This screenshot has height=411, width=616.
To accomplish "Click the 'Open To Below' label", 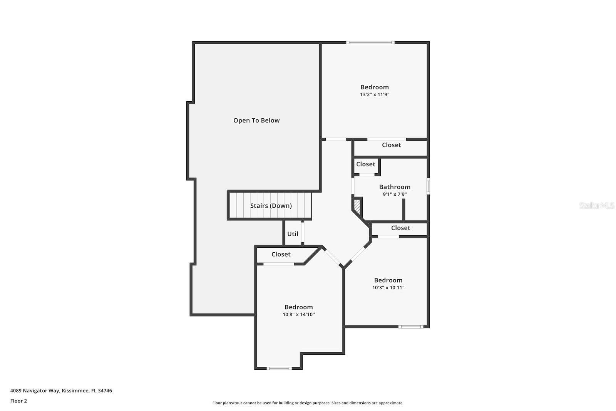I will click(256, 121).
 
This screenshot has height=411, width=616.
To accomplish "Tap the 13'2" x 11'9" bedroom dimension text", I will click(375, 94).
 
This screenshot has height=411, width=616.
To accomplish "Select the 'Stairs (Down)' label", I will click(271, 206).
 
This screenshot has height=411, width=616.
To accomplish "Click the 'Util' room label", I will click(293, 234).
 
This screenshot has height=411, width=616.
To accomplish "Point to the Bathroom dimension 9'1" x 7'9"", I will click(395, 195).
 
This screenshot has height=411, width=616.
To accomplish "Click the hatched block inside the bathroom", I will click(357, 205).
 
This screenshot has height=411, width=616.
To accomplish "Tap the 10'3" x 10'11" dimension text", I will click(388, 288).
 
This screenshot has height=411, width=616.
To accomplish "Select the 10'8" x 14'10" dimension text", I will click(299, 315).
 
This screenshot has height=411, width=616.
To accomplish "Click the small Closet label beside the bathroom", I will click(365, 164).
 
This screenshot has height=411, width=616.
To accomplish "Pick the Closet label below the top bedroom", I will click(391, 145).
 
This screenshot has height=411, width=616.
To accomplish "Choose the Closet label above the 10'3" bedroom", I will click(400, 228).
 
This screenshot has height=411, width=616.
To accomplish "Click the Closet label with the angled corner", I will click(281, 254).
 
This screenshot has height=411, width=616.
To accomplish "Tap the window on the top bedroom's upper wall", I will click(370, 42).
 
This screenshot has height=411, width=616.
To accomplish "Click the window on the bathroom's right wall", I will click(428, 186).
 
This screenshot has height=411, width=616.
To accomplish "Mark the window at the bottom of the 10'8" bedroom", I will click(280, 368).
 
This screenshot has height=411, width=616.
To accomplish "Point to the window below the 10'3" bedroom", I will click(410, 327).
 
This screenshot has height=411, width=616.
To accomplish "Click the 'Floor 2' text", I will click(18, 401).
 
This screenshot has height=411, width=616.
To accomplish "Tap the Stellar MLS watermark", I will click(596, 206).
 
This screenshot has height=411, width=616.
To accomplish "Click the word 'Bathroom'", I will click(395, 187).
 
